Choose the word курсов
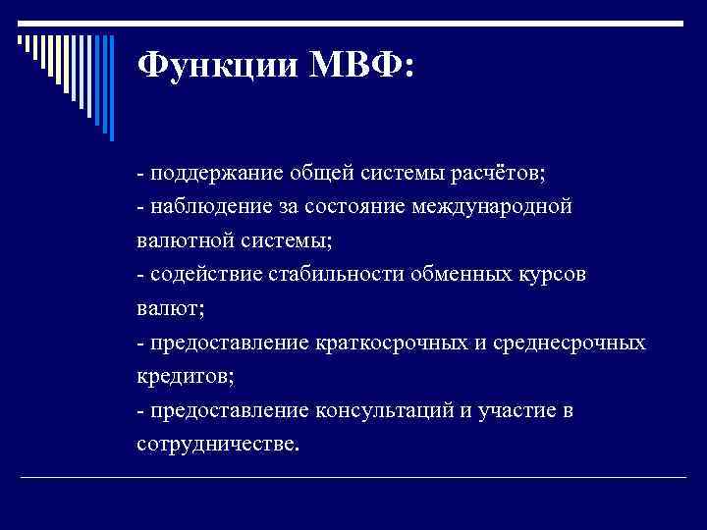pyautogui.click(x=554, y=275)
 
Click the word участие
pyautogui.click(x=510, y=410)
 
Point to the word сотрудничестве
pyautogui.click(x=215, y=444)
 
